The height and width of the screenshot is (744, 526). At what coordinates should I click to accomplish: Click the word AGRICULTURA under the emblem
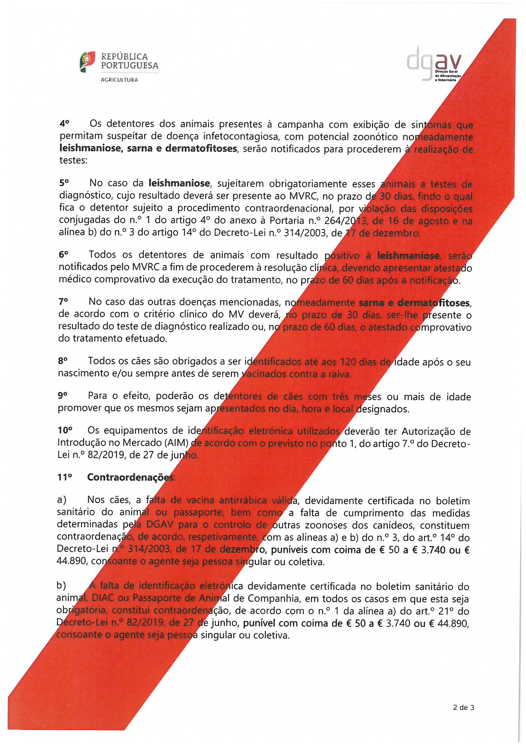[x=120, y=80]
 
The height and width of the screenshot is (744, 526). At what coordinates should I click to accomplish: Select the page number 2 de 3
[x=463, y=708]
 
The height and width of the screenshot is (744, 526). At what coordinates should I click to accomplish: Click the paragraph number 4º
[x=65, y=123]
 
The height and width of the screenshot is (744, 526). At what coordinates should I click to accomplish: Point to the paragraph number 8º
[x=63, y=361]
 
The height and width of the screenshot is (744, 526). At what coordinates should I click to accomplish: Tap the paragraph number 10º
[x=65, y=430]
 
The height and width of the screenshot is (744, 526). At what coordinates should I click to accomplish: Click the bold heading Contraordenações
[x=130, y=477]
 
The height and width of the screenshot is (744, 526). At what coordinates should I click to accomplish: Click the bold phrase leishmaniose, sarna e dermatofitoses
[x=148, y=149]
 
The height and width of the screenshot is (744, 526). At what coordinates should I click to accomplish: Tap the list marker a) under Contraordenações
[x=62, y=500]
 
